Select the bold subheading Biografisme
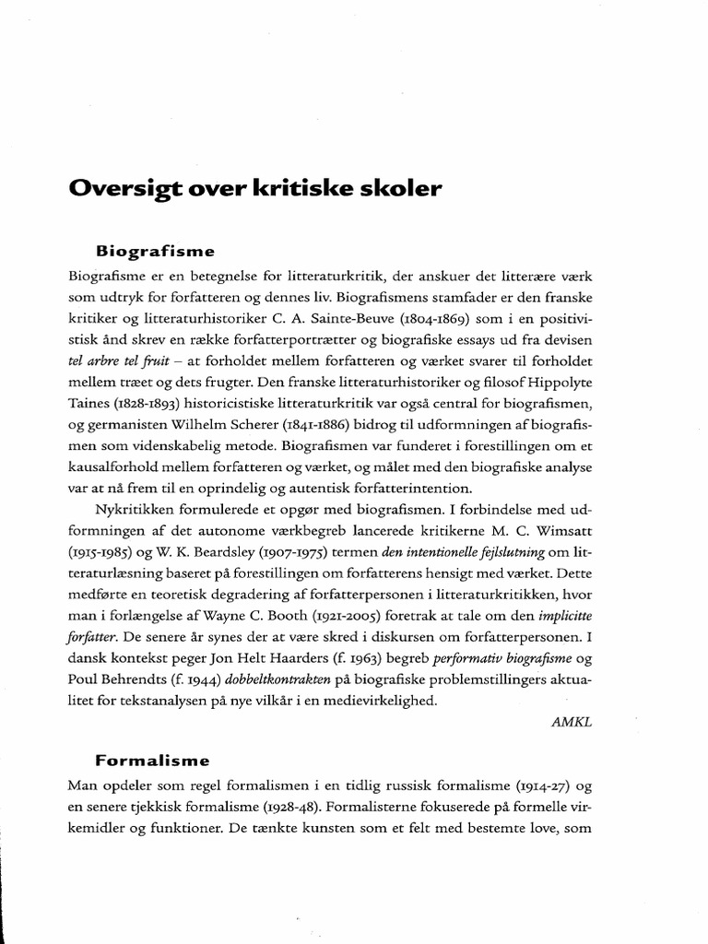point(155,250)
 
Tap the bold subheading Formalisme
point(153,761)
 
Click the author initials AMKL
point(571,722)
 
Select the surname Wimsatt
point(564,532)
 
